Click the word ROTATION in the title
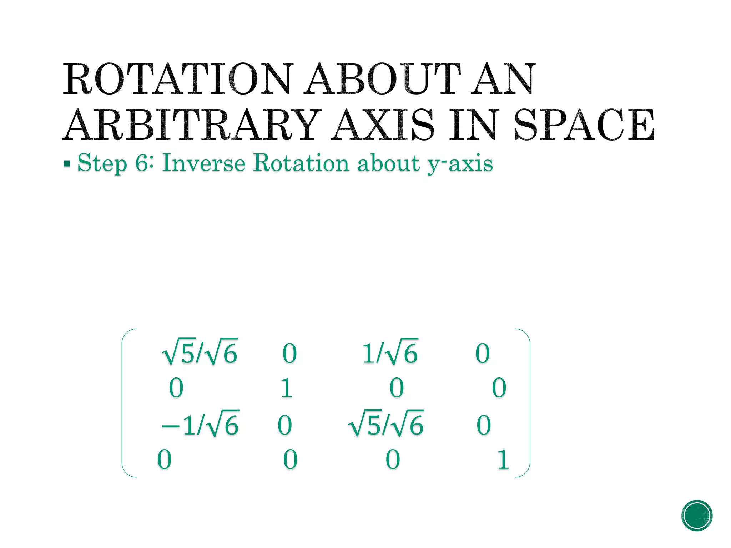click(177, 79)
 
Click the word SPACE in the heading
click(585, 125)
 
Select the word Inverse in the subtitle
click(204, 163)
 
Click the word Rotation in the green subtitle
click(301, 163)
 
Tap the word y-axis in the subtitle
click(460, 164)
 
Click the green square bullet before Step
click(67, 164)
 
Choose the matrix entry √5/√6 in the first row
click(200, 352)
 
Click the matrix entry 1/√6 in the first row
click(390, 352)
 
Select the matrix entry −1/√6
click(200, 425)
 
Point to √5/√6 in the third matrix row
click(386, 425)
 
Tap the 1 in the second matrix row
click(287, 388)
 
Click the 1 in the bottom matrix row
click(503, 460)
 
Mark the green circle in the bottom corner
click(697, 516)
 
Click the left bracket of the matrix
click(123, 402)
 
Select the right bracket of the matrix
click(529, 402)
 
